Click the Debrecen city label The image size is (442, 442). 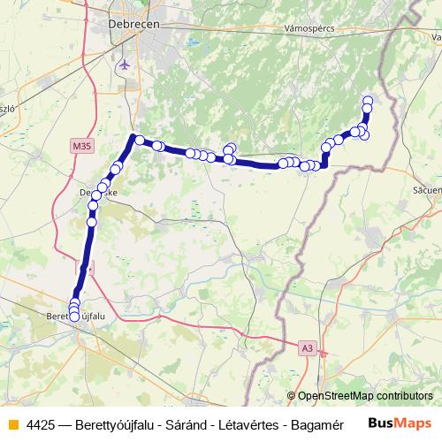(133, 25)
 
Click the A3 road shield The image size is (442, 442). (307, 348)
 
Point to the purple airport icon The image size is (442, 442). (124, 65)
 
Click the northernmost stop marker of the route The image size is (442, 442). (368, 99)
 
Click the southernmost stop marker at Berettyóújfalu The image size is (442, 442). (74, 316)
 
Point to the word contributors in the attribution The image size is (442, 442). (404, 396)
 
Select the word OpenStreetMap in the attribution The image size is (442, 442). (335, 396)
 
